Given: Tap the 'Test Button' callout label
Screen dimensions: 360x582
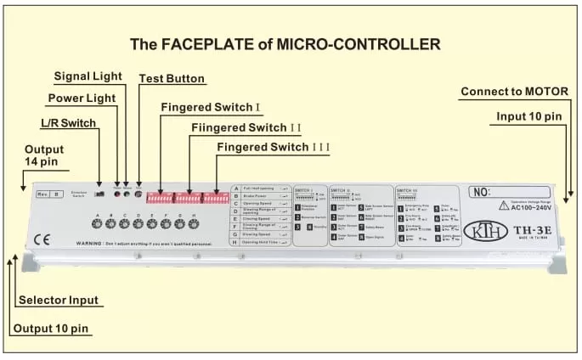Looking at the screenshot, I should [x=172, y=79].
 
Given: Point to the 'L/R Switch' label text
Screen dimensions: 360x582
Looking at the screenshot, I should [x=69, y=123].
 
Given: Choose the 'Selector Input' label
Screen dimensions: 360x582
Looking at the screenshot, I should [x=59, y=300].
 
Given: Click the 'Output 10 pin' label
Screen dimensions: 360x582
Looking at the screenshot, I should [x=53, y=329].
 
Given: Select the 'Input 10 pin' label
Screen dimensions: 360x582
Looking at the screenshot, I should [x=529, y=116].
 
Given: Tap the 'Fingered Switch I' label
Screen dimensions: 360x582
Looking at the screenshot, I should [x=209, y=108].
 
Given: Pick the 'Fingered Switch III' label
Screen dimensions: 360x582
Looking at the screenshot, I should [x=273, y=148].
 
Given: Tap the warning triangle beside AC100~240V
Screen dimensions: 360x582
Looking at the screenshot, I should [x=504, y=206].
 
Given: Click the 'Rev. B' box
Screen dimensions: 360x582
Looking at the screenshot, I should [x=48, y=194].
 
